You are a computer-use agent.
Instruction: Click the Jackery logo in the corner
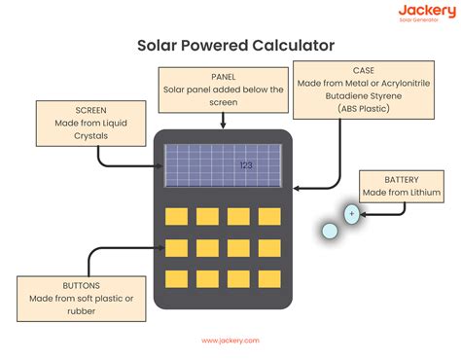pos(425,14)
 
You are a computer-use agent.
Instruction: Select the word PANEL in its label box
pos(224,76)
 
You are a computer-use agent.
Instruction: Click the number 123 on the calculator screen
pos(246,165)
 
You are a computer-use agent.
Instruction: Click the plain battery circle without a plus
pos(329,232)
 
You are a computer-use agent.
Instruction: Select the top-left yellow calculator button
pos(176,215)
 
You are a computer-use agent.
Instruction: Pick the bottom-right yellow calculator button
pos(268,278)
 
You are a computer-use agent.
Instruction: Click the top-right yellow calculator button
pos(268,215)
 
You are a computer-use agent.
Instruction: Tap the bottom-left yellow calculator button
pos(176,278)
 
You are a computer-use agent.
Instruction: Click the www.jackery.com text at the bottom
pos(230,341)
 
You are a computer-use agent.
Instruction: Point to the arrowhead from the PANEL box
pos(224,126)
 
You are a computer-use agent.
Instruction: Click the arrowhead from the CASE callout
pos(298,187)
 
